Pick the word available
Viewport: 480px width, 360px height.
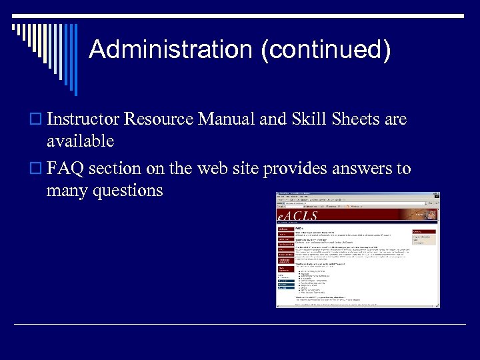coord(80,141)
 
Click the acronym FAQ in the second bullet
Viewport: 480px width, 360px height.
coord(65,169)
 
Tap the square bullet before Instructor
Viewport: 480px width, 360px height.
coord(38,121)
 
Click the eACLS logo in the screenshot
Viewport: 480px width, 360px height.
coord(298,215)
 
